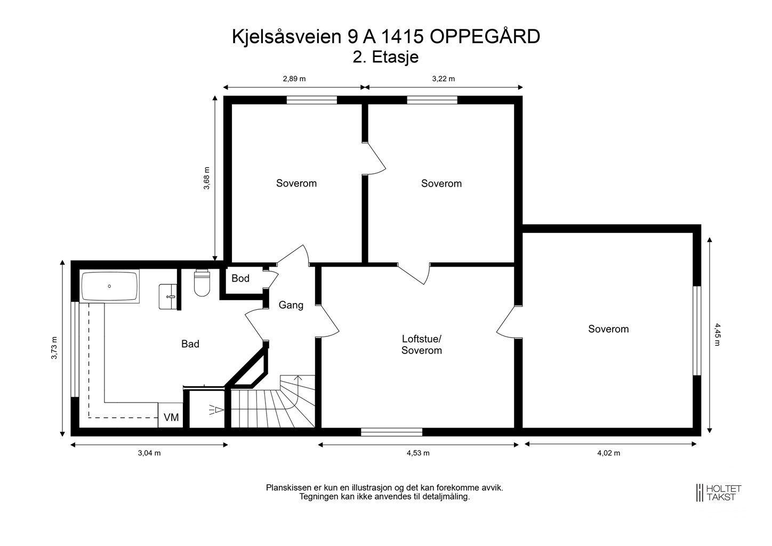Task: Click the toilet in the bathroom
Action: (203, 283)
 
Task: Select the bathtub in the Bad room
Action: (110, 287)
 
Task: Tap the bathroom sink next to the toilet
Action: (168, 296)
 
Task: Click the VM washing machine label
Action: (171, 417)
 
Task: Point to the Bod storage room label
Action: (240, 278)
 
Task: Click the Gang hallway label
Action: (291, 305)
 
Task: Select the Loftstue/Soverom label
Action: (422, 344)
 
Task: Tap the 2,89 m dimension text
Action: (294, 79)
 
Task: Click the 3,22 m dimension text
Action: (443, 79)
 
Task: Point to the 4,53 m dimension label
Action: (418, 453)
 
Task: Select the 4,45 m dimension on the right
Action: (717, 334)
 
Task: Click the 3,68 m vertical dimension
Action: (207, 179)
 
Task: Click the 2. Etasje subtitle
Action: (385, 57)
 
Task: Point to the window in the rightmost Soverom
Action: (696, 331)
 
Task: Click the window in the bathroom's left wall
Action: (75, 349)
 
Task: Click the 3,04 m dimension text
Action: (149, 453)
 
